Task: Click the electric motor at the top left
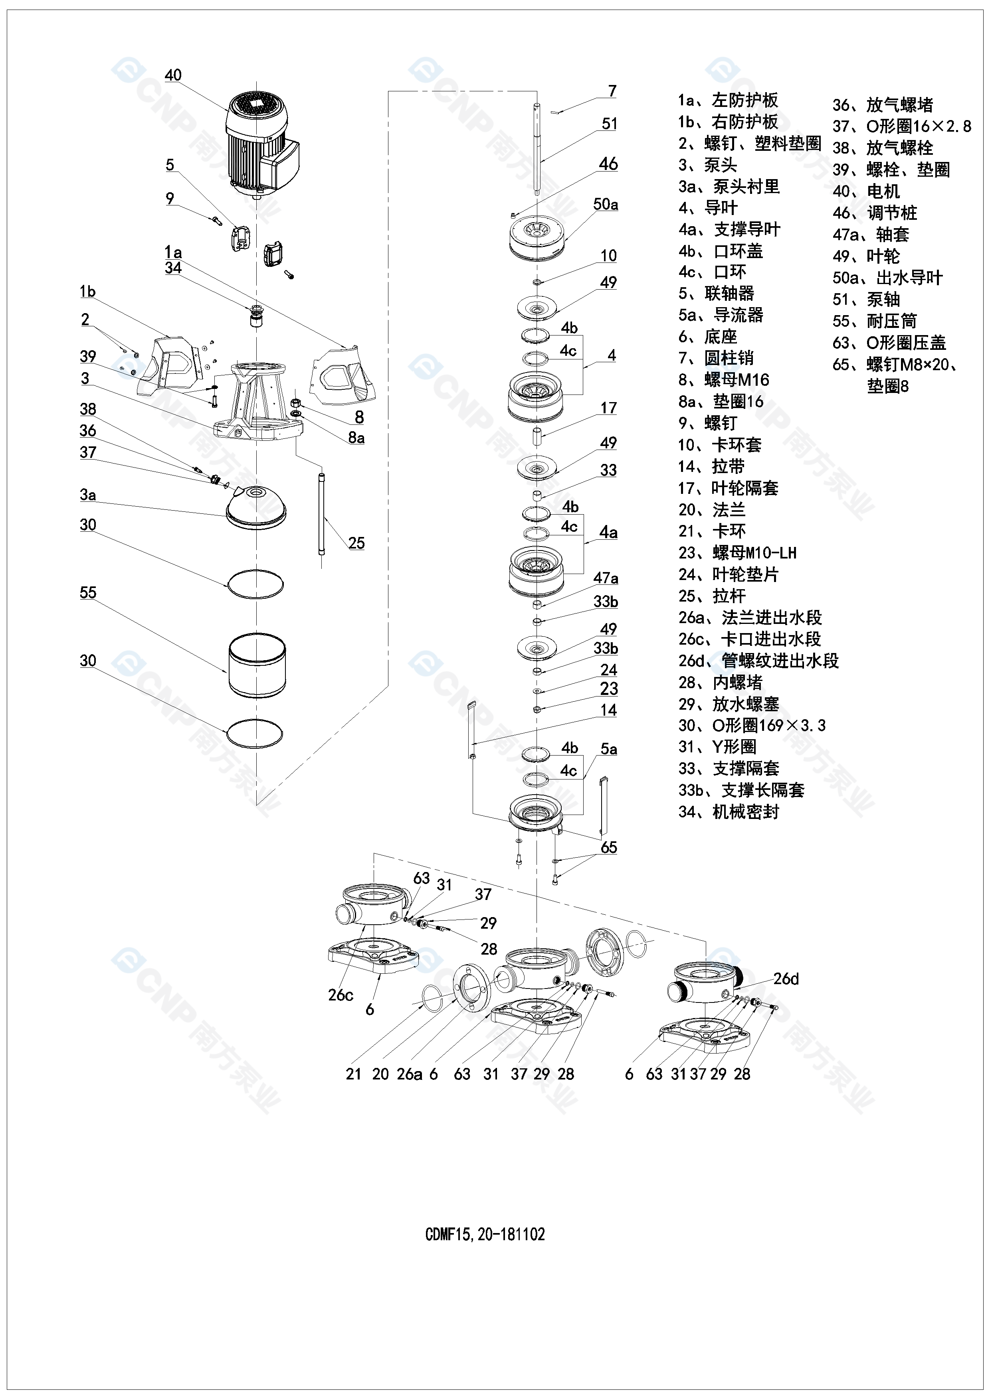pyautogui.click(x=259, y=143)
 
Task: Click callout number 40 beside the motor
pyautogui.click(x=173, y=75)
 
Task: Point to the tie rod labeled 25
pyautogui.click(x=322, y=515)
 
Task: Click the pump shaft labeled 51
pyautogui.click(x=537, y=149)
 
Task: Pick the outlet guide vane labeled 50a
pyautogui.click(x=537, y=237)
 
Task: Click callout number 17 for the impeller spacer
pyautogui.click(x=608, y=408)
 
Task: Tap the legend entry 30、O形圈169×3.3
pyautogui.click(x=752, y=725)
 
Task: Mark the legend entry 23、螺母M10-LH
pyautogui.click(x=737, y=552)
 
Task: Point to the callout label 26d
pyautogui.click(x=786, y=979)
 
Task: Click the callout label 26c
pyautogui.click(x=341, y=995)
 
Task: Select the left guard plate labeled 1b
pyautogui.click(x=168, y=363)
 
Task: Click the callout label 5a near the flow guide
pyautogui.click(x=608, y=749)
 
